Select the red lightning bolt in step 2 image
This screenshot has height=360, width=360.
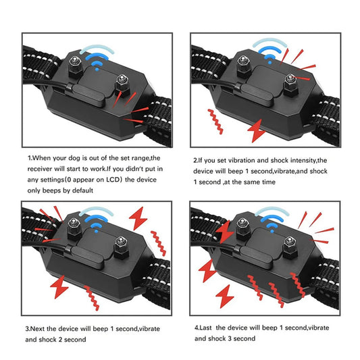point(257,130)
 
